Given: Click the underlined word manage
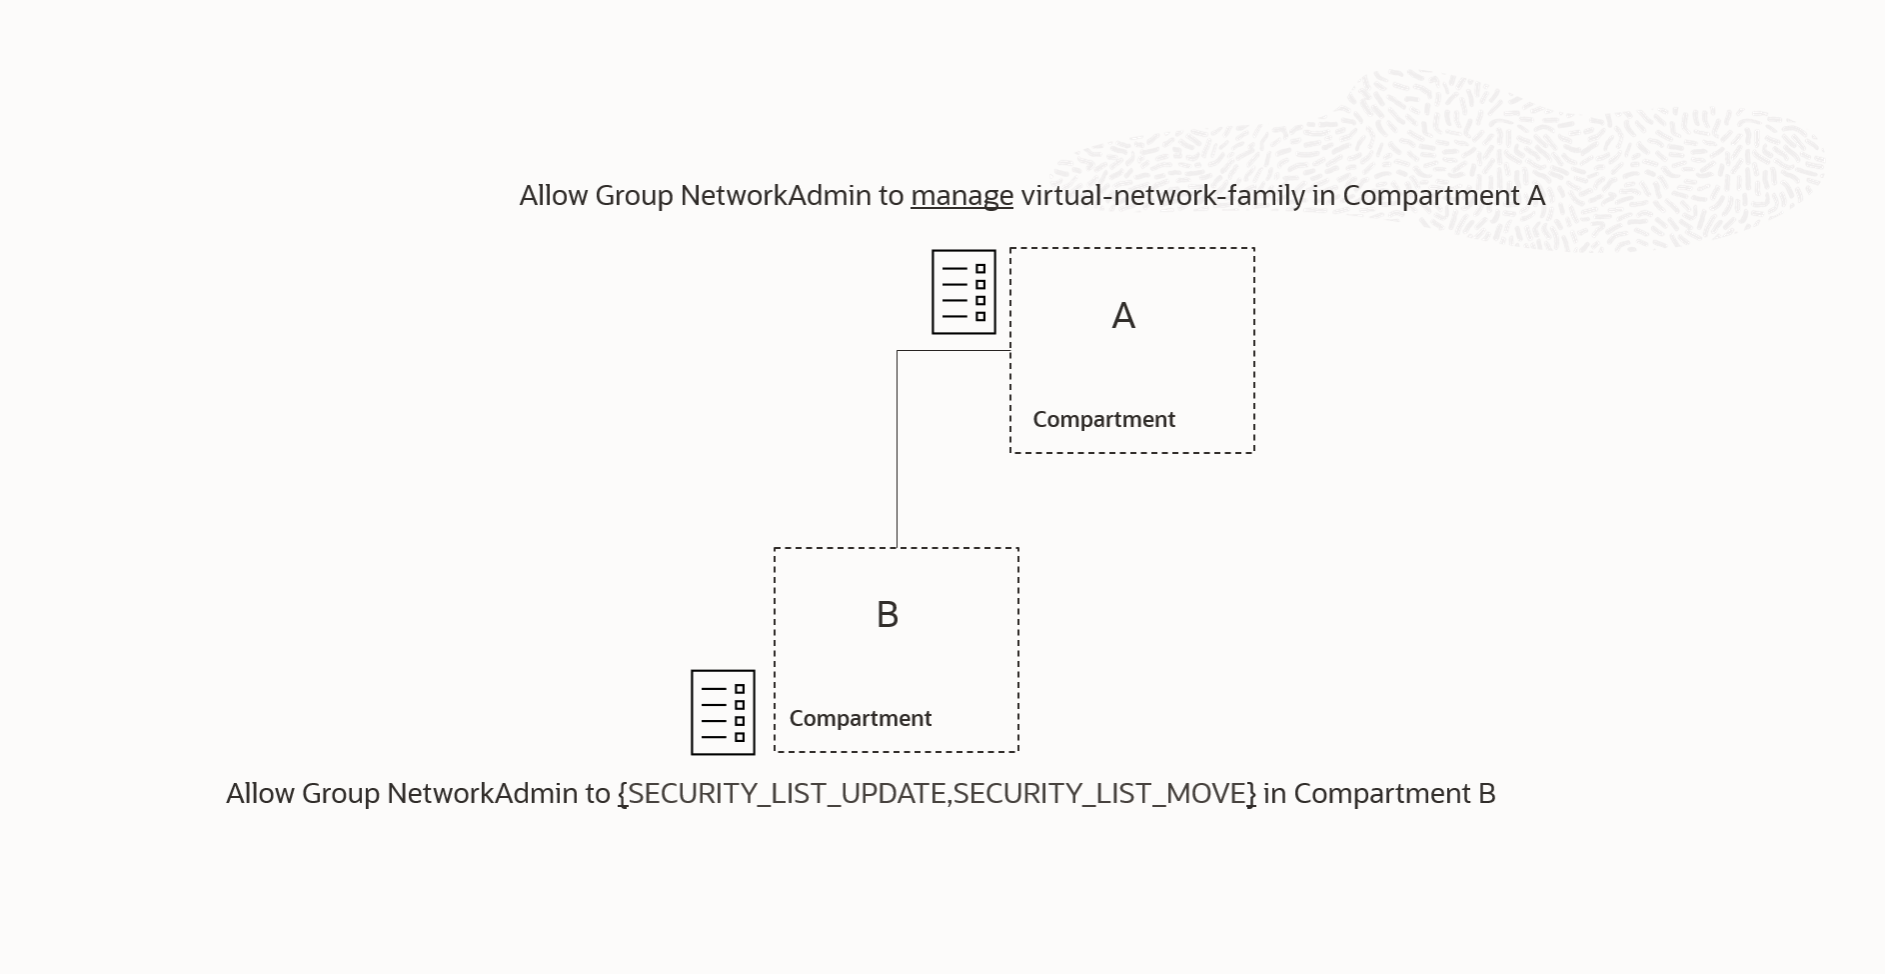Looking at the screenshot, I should (x=961, y=196).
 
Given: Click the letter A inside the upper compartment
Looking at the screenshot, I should (x=1123, y=316).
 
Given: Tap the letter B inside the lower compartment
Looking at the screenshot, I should (x=888, y=615).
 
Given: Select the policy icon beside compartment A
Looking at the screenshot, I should (x=963, y=292).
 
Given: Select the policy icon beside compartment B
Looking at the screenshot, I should (x=723, y=712).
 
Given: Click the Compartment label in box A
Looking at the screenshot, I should (x=1103, y=420).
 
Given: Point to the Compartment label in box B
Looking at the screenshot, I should (x=861, y=719).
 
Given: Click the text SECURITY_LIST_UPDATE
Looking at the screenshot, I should (x=788, y=794).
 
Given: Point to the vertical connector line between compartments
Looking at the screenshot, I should (x=897, y=450).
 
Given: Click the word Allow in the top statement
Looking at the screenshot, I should (x=553, y=196).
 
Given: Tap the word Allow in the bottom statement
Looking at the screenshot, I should (x=260, y=794).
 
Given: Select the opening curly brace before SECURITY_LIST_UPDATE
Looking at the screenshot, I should (x=623, y=794).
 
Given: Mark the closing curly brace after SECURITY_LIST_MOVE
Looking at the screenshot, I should (x=1251, y=794).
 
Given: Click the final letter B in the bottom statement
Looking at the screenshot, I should (x=1486, y=794).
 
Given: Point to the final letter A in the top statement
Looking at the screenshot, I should (x=1536, y=196).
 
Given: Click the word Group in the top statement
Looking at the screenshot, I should (x=634, y=196).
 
